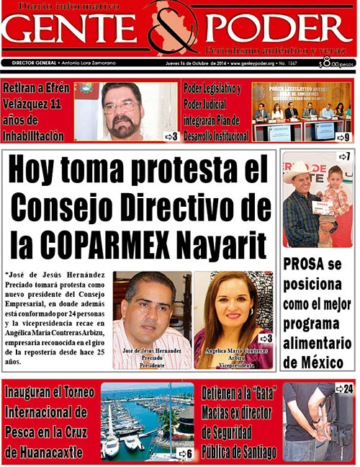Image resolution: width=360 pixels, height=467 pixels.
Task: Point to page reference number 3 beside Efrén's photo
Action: click(171, 135)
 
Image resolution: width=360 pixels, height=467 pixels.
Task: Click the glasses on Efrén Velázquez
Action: click(120, 106)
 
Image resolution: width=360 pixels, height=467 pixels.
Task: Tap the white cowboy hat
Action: click(297, 172)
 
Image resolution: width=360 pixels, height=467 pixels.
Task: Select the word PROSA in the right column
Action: click(302, 263)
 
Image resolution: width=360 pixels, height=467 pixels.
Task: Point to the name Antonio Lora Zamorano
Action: click(89, 63)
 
